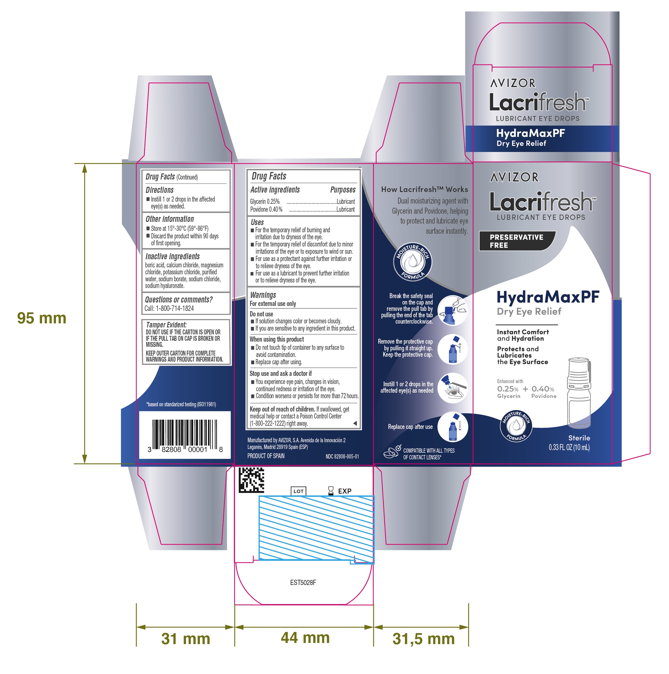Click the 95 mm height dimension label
click(x=41, y=318)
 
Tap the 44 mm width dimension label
click(x=305, y=637)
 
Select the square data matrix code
click(x=251, y=480)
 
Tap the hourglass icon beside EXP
click(x=331, y=491)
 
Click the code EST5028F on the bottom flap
click(x=303, y=583)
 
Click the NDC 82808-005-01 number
click(x=342, y=456)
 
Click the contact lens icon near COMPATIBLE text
click(x=392, y=452)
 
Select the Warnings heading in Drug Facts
click(x=263, y=295)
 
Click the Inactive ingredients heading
click(x=172, y=256)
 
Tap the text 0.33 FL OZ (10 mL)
click(x=569, y=447)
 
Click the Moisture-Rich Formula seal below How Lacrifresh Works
click(x=413, y=262)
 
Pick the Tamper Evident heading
click(x=166, y=325)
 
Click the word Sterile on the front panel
click(x=579, y=438)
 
